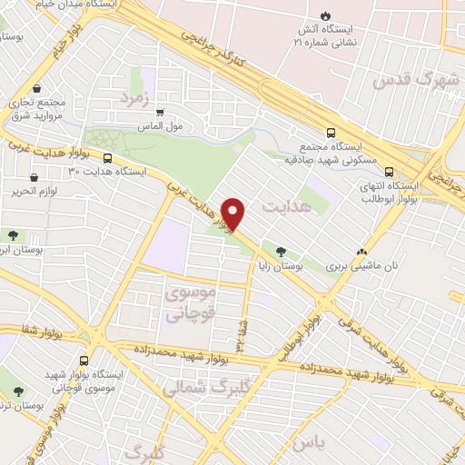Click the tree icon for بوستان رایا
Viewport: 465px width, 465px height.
tap(281, 252)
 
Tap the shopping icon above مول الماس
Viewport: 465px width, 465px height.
tap(160, 114)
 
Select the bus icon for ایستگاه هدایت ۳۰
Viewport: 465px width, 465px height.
tap(108, 160)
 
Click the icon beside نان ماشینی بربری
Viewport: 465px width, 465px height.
tap(362, 252)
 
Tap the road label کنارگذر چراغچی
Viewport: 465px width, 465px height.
tap(216, 47)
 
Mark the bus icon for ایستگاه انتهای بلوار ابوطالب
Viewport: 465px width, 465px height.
tap(389, 172)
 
